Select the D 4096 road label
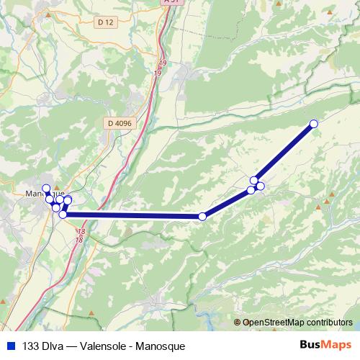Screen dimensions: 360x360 pos(120,123)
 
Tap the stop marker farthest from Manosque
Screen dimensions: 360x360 pos(313,124)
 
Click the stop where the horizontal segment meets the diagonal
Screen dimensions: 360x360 pos(202,216)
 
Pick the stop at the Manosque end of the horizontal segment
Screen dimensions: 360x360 pos(63,215)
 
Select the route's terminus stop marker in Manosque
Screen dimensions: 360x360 pos(46,189)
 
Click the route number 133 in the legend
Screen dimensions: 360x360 pos(32,346)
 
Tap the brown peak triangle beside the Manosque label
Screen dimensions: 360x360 pos(56,187)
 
